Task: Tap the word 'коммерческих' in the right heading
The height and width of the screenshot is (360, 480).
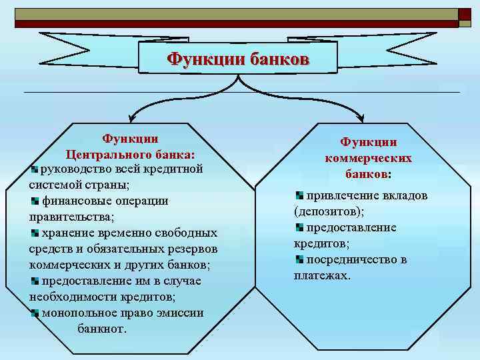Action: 368,158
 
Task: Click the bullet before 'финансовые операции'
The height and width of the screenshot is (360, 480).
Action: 35,200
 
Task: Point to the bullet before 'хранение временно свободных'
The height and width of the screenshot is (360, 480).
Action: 35,233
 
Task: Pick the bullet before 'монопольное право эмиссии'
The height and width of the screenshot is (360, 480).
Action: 35,313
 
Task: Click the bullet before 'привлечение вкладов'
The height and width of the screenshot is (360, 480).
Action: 299,195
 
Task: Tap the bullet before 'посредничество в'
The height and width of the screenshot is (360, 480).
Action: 299,259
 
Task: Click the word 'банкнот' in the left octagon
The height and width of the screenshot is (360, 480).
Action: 100,329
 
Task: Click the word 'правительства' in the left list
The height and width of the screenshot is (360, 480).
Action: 71,217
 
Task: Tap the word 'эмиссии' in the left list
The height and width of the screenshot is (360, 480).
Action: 181,313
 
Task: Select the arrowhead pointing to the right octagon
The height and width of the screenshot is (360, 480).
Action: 360,118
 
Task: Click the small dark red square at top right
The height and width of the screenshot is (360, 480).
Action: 464,14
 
